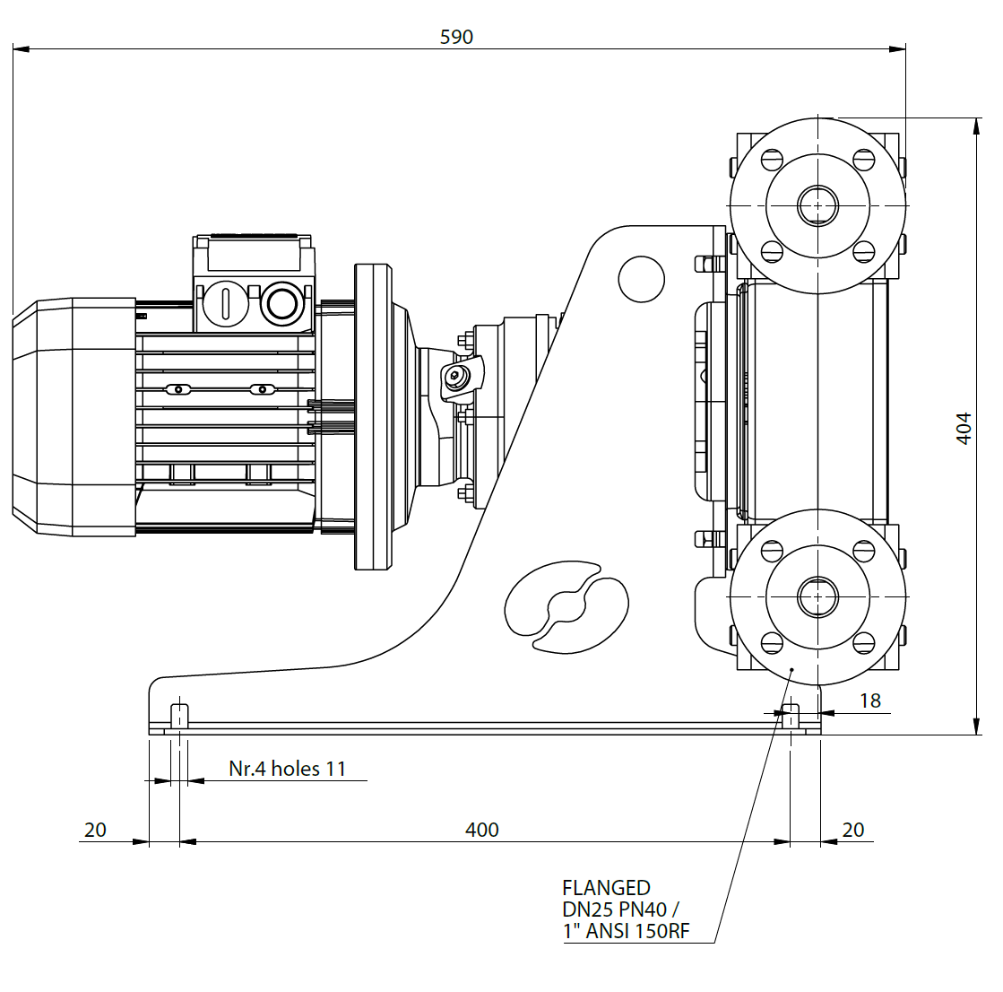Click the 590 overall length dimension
[456, 37]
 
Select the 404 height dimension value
[963, 428]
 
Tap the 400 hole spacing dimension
[481, 830]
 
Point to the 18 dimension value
[869, 700]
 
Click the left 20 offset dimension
[95, 830]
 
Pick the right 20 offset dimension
[853, 830]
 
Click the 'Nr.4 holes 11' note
[287, 769]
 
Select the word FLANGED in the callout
[606, 888]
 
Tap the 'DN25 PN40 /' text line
[619, 909]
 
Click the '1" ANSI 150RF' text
[626, 931]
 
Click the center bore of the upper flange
[817, 205]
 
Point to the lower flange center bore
[817, 596]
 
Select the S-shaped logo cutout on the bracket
[566, 606]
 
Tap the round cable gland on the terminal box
[282, 304]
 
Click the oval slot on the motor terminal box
[225, 304]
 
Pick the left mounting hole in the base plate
[179, 717]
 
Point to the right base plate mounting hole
[791, 717]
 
